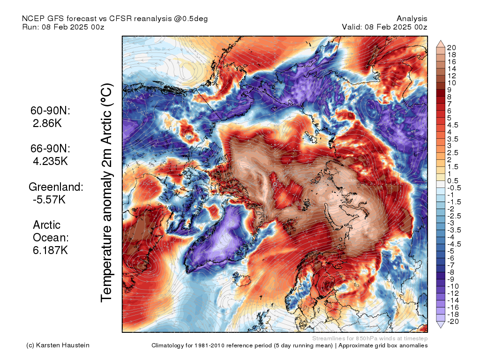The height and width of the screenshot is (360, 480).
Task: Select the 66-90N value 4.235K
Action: tap(51, 161)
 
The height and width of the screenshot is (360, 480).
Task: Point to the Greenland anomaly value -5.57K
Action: tap(49, 199)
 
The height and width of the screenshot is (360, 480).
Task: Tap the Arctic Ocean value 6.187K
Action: tap(51, 250)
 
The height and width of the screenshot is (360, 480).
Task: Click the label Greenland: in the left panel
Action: tap(56, 187)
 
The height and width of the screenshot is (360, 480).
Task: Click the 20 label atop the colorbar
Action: tap(451, 48)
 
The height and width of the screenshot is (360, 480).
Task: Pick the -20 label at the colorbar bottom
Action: tap(453, 321)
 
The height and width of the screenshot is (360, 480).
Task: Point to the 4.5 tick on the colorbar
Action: tap(453, 125)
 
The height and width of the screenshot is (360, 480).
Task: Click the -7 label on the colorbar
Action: tap(451, 265)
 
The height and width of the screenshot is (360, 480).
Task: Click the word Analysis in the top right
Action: tap(412, 18)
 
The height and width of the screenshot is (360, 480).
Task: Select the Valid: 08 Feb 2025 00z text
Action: tap(384, 27)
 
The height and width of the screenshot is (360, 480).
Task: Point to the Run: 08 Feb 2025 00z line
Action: tap(63, 27)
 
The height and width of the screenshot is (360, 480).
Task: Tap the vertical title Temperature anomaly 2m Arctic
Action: tap(107, 192)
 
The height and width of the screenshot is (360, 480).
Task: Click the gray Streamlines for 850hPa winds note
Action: tap(369, 338)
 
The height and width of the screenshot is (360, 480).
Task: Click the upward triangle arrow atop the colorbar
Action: tap(441, 44)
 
